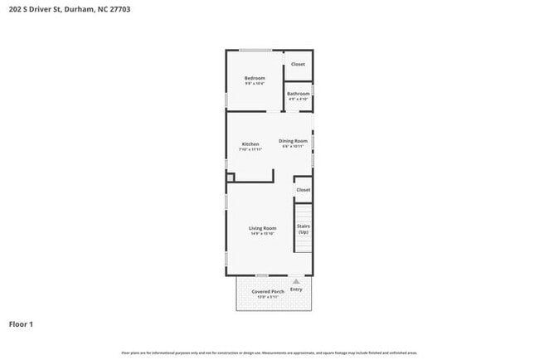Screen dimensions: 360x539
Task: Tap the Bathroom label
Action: (298, 94)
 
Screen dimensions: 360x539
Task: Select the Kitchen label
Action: (250, 144)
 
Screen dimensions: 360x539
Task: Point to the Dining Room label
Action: (293, 141)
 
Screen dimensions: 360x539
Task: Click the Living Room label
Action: (262, 228)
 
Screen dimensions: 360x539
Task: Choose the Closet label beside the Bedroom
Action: (298, 64)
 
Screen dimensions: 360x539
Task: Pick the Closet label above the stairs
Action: (303, 190)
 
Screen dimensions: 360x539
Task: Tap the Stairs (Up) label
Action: (303, 228)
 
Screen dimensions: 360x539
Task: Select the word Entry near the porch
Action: (296, 289)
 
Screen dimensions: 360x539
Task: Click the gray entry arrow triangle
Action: (296, 282)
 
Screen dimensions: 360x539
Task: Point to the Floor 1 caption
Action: (22, 324)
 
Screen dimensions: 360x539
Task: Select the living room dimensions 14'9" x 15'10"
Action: (262, 234)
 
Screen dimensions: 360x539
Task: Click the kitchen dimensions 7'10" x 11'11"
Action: (250, 150)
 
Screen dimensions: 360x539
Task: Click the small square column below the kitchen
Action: (231, 177)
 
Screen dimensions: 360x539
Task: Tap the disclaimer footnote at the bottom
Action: (269, 353)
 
